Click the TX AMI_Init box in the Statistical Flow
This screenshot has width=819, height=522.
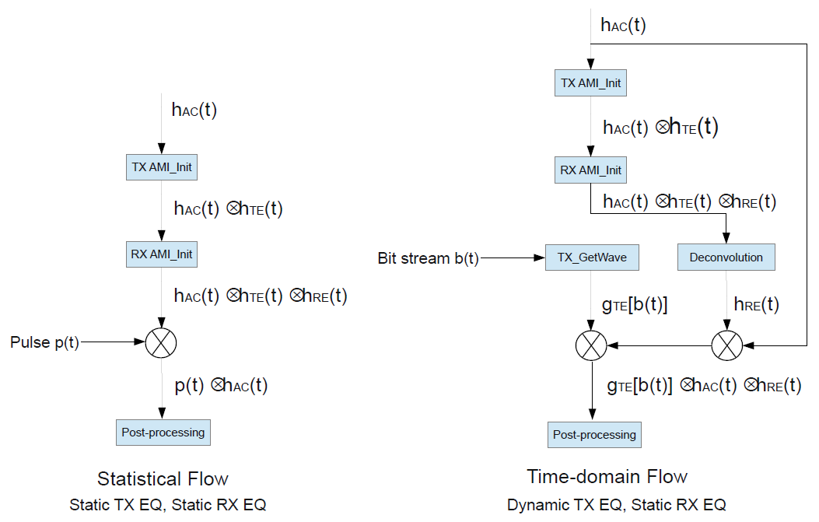pos(162,166)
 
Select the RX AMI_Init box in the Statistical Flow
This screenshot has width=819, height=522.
pos(162,254)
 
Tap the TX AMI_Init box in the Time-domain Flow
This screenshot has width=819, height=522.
pos(591,82)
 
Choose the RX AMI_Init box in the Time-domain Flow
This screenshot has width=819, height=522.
pos(591,170)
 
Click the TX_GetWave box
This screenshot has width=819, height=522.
pos(591,257)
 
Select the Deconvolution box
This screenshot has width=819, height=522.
pos(726,257)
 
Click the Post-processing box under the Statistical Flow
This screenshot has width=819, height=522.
pos(163,432)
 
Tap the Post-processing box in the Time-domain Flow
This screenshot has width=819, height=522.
pos(594,435)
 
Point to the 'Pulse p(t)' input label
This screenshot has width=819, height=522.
pos(44,342)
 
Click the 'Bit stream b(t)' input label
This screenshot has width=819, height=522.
pos(428,258)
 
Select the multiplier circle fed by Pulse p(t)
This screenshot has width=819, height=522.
pos(162,342)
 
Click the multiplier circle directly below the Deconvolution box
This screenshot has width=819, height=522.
pos(726,344)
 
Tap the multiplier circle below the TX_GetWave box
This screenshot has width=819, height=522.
pos(591,344)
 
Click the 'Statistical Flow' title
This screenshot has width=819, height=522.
pos(163,478)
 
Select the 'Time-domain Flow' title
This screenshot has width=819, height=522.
pos(607,476)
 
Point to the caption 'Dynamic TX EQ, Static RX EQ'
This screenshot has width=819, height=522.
pos(616,505)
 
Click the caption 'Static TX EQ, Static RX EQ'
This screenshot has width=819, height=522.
pos(167,505)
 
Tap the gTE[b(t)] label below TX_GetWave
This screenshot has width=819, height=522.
pos(635,305)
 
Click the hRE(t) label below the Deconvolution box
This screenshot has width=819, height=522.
pos(756,305)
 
